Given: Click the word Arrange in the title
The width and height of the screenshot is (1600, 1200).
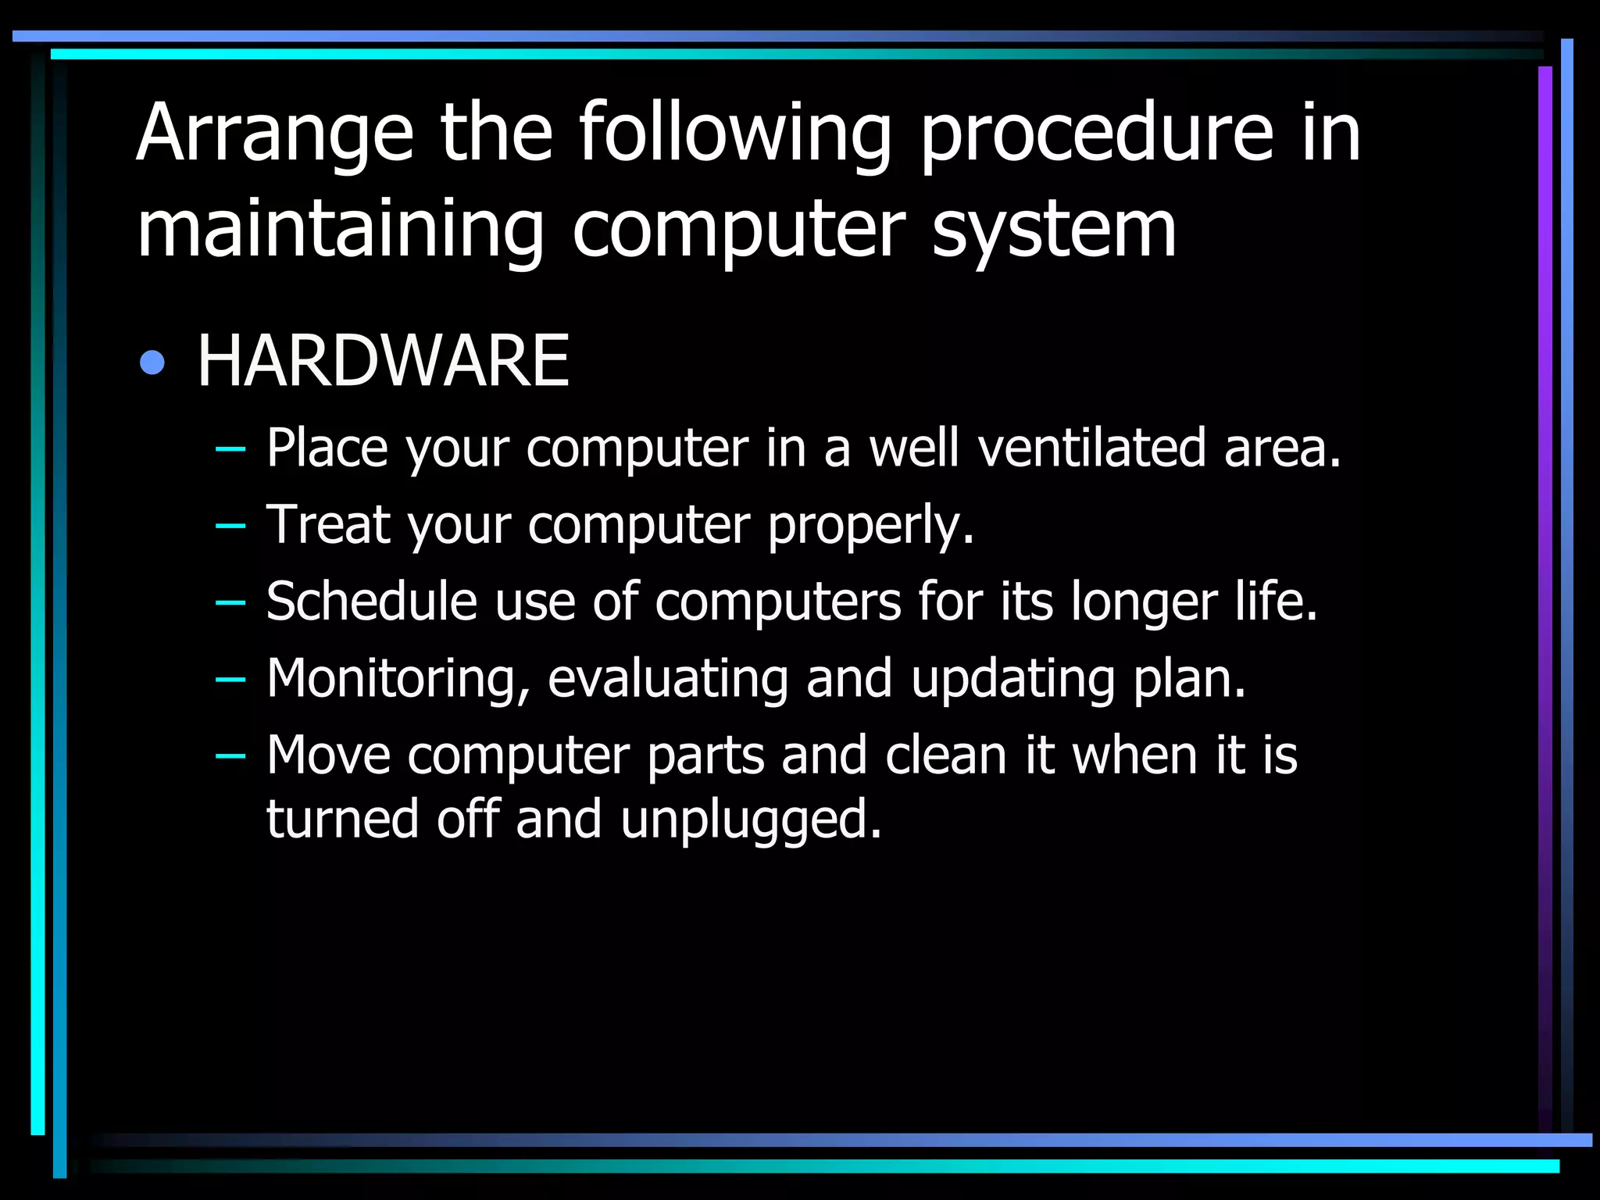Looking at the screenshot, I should (274, 134).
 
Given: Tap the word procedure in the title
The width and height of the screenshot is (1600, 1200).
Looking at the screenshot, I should (1095, 134).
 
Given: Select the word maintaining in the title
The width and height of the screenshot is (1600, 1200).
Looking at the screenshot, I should (340, 230).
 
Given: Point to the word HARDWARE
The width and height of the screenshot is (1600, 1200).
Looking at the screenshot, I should (383, 360).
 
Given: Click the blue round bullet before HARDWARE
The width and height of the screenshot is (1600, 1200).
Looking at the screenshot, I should (152, 362).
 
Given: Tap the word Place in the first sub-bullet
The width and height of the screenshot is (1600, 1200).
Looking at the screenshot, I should (327, 448).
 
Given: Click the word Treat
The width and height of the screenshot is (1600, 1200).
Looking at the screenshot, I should (328, 524).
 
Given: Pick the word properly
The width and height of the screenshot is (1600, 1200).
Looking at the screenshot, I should (870, 526).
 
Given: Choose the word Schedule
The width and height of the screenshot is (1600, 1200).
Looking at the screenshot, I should (371, 601).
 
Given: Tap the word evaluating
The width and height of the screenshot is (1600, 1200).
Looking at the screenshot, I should (668, 679).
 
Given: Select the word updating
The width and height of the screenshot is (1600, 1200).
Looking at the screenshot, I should (1013, 679).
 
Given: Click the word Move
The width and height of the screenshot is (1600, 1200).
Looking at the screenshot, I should (328, 755).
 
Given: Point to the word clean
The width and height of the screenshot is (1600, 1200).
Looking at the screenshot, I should (945, 755).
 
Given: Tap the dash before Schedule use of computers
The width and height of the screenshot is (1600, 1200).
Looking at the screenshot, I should (230, 602).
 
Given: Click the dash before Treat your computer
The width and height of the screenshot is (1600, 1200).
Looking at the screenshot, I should (230, 526).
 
